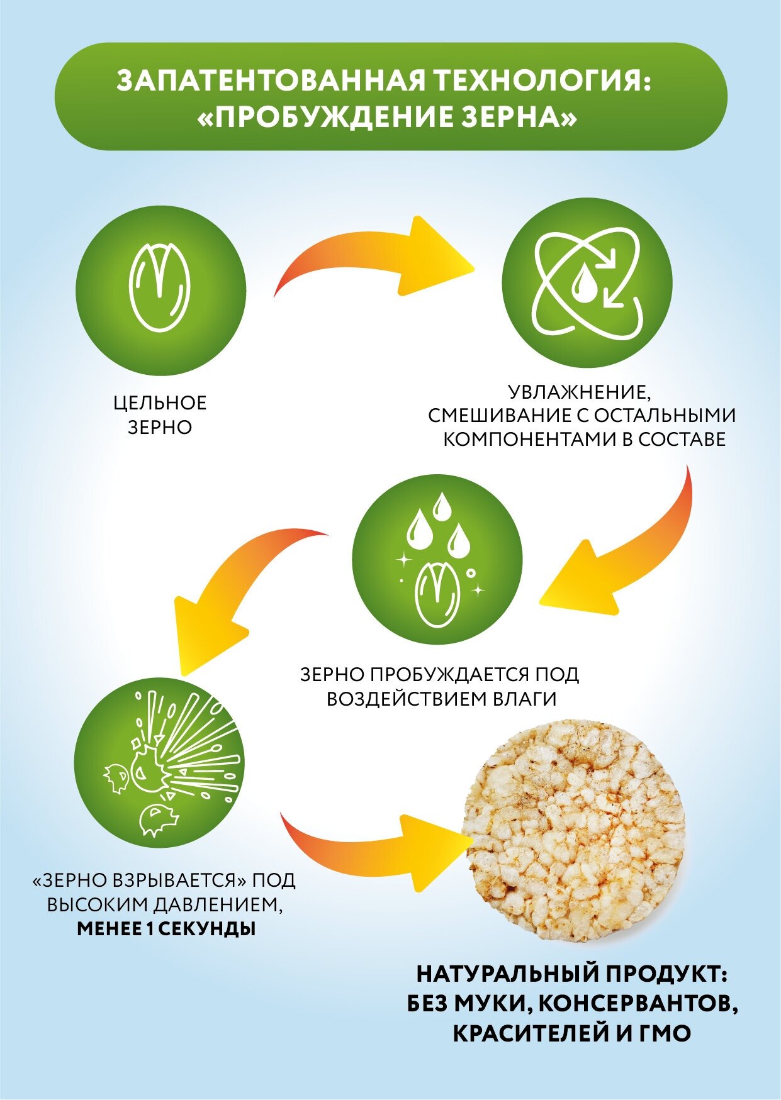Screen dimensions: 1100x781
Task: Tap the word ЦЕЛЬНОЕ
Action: (x=160, y=403)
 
